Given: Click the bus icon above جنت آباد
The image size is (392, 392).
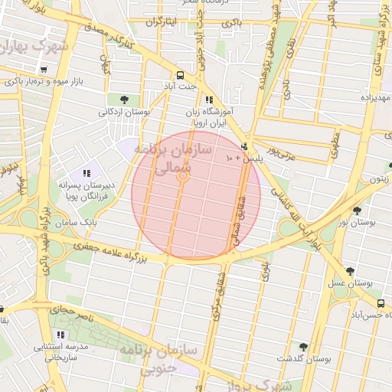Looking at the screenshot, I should [x=180, y=75].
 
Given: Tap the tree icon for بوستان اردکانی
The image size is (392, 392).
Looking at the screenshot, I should [x=122, y=99].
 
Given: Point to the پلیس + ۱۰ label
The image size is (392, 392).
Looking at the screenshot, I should [x=244, y=157].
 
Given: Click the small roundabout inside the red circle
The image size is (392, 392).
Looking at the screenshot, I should [x=184, y=178].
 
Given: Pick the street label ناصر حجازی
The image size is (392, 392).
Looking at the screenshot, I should [x=72, y=312].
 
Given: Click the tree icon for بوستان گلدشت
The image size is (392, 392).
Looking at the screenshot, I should [x=303, y=346].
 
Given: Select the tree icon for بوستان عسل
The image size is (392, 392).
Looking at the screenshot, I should [x=351, y=271].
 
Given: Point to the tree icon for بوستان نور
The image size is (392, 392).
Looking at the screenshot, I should [x=357, y=210].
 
